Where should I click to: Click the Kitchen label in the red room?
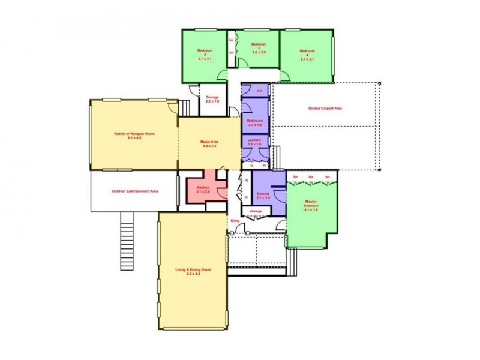coord(203,190)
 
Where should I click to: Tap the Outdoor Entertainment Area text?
coord(134,191)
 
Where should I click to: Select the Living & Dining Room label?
coord(193,272)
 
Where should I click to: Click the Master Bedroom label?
coord(311,205)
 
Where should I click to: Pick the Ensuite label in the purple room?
coord(263,196)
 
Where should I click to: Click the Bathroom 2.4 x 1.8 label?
coord(255,123)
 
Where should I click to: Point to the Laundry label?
coord(254,142)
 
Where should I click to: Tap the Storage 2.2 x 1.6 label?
coord(212,99)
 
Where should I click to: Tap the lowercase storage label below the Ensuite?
coord(256,211)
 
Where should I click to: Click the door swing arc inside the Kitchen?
coord(221,193)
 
